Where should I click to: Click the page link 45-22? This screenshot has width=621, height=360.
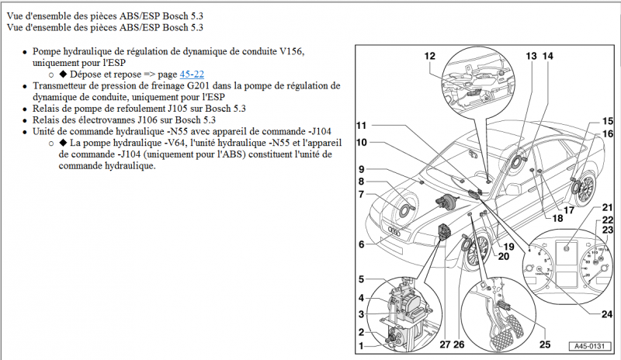tap(193, 74)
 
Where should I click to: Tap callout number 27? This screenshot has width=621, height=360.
tap(444, 344)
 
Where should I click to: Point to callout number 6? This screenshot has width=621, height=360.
tap(361, 244)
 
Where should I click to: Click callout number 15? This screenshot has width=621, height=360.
tap(607, 121)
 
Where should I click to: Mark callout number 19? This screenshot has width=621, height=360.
tap(508, 246)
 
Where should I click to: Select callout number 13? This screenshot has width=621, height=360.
tap(531, 56)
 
